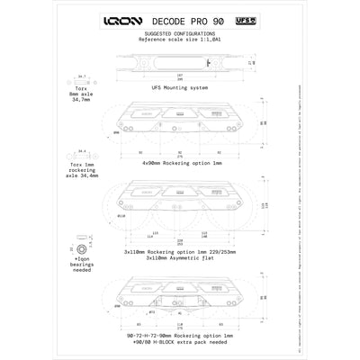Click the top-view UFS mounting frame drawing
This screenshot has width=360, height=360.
point(180,65)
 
